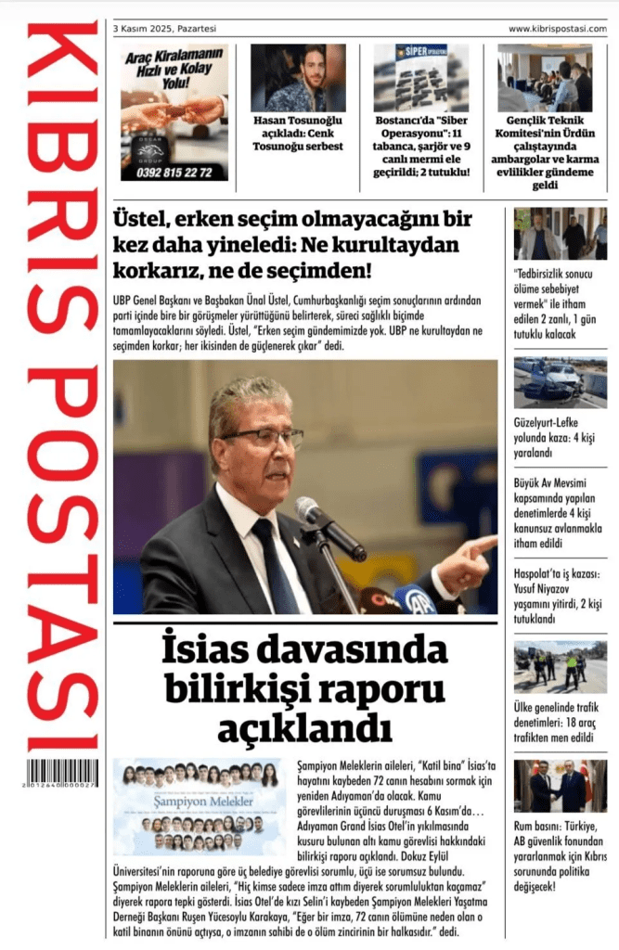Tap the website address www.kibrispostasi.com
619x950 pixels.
click(557, 29)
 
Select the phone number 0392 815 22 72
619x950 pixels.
click(174, 173)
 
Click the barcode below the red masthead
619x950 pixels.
click(61, 773)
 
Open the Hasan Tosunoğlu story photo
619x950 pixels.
click(298, 78)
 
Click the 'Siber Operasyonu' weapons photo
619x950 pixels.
click(421, 78)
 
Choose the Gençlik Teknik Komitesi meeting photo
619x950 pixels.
click(545, 78)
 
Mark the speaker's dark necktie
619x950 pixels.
click(272, 566)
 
